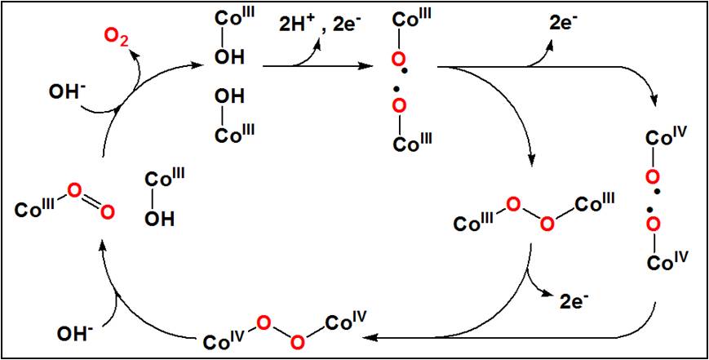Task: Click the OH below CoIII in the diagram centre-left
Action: pos(158,217)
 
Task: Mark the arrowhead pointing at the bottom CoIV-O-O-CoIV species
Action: pos(370,335)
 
